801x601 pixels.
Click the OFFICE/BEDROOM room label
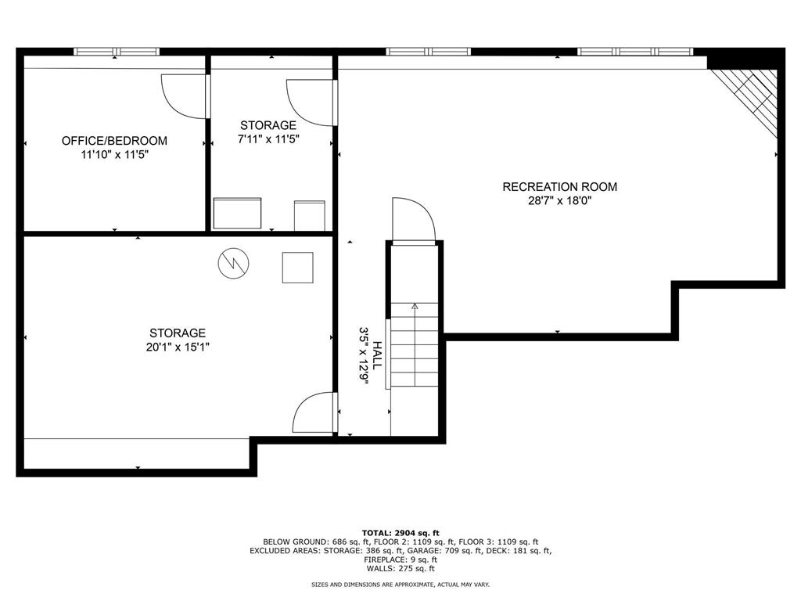[114, 141]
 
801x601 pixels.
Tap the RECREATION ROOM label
[559, 187]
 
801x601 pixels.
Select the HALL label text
[376, 355]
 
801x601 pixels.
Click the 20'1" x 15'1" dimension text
[178, 347]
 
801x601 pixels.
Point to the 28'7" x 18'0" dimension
[559, 200]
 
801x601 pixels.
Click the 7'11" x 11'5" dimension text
[268, 139]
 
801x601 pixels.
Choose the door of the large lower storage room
[315, 413]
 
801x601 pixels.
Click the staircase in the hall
[415, 344]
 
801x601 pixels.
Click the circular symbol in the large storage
[232, 263]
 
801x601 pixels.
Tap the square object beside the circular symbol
[297, 267]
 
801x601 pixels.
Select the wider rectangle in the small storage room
[237, 214]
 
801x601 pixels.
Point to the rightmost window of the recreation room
[635, 52]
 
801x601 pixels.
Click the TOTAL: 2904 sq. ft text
[400, 532]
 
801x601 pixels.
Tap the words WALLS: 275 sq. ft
[400, 569]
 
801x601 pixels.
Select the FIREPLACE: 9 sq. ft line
[400, 560]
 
